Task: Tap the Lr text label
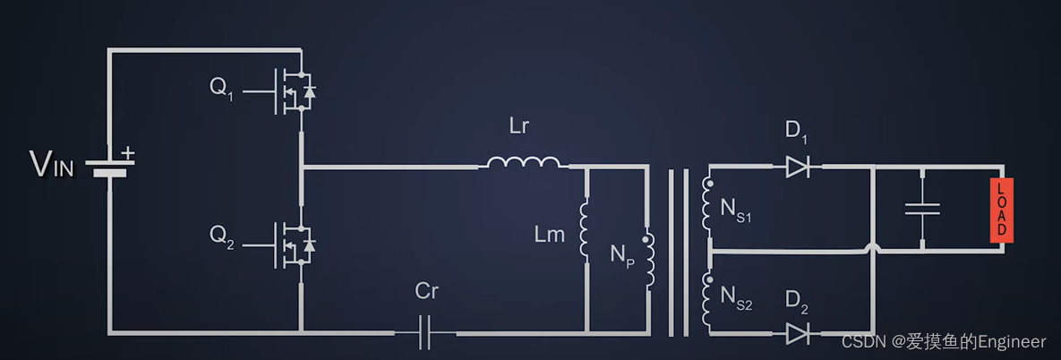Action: tap(519, 126)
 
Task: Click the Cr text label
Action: tap(427, 291)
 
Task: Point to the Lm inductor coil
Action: tap(586, 227)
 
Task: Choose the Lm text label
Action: tap(550, 235)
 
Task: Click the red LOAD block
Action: tap(1001, 210)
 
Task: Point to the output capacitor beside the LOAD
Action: tap(922, 210)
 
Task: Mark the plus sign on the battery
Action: tap(128, 154)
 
